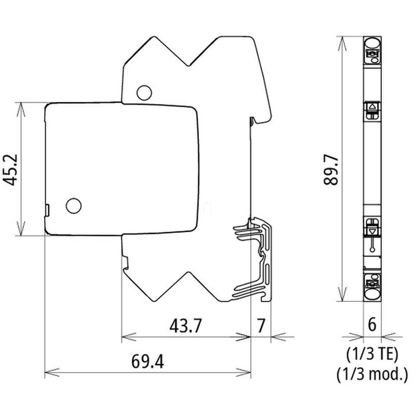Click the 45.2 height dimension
[10, 170]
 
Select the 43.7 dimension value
[186, 326]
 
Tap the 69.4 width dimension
[147, 362]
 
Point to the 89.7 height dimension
[331, 170]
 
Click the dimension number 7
[261, 326]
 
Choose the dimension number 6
[372, 324]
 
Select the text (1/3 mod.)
[372, 374]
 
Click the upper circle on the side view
[144, 93]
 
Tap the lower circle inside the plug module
[74, 205]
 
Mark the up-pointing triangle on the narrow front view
[372, 107]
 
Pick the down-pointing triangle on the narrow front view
[372, 231]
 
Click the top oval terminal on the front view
[372, 43]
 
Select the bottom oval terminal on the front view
[372, 295]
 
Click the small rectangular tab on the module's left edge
[47, 210]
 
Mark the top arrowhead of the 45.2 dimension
[21, 109]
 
